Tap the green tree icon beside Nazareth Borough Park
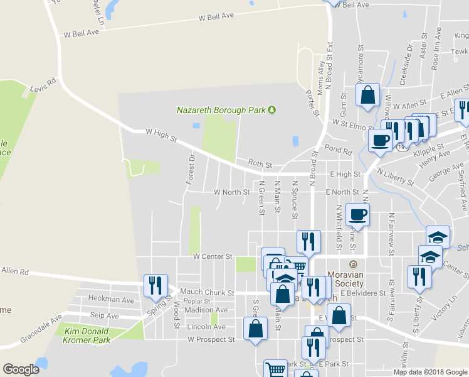271,111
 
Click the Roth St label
260,164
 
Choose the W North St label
231,192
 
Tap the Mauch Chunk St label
207,293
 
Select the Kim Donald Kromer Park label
87,336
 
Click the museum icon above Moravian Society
352,264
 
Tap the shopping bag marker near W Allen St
368,95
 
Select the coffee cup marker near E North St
357,214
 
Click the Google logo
21,369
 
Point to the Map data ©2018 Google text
429,372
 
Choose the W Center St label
213,256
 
